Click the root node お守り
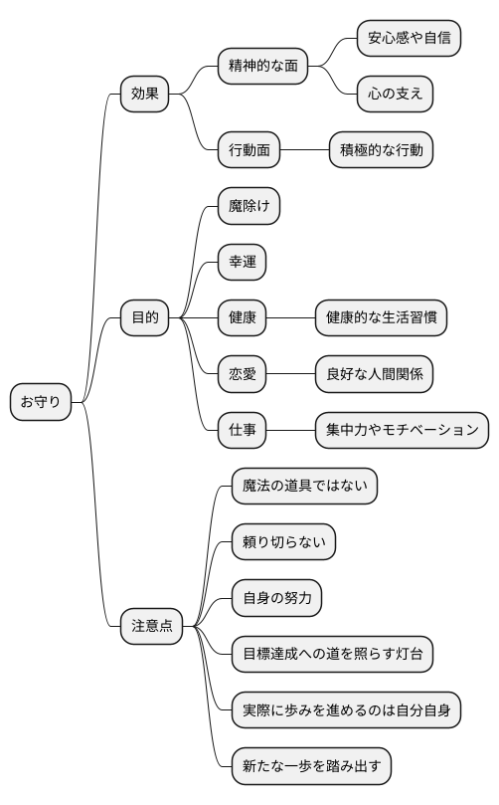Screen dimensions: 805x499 coord(40,403)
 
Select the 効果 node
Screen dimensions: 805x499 coord(144,95)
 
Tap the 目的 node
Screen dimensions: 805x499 coord(144,318)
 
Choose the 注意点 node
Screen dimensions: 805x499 coord(152,626)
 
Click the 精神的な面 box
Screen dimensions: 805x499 coord(262,67)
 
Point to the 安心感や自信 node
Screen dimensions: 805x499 coord(409,39)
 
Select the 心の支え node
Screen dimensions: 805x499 coord(395,95)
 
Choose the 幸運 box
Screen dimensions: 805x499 coord(242,263)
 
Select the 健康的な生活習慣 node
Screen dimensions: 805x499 coord(381,318)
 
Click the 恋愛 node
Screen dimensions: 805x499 coord(242,374)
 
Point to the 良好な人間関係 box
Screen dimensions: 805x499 coord(374,374)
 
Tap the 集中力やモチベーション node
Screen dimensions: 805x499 coord(402,430)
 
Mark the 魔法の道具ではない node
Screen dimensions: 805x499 coord(304,487)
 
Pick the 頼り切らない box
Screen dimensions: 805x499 coord(283,542)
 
